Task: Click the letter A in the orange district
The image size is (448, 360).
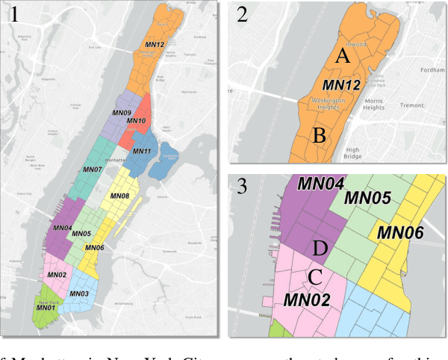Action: pos(341,55)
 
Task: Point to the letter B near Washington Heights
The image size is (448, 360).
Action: pos(319,136)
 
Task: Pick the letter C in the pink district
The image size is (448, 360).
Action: pos(316,277)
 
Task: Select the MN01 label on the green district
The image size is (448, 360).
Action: pos(46,307)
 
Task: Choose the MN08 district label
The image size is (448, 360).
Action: pos(119,196)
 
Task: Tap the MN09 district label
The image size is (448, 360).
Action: pos(122,113)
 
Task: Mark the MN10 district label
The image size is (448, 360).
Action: pos(136,120)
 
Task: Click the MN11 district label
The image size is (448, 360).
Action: pos(142,152)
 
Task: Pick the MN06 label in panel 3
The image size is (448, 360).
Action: pos(400,233)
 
